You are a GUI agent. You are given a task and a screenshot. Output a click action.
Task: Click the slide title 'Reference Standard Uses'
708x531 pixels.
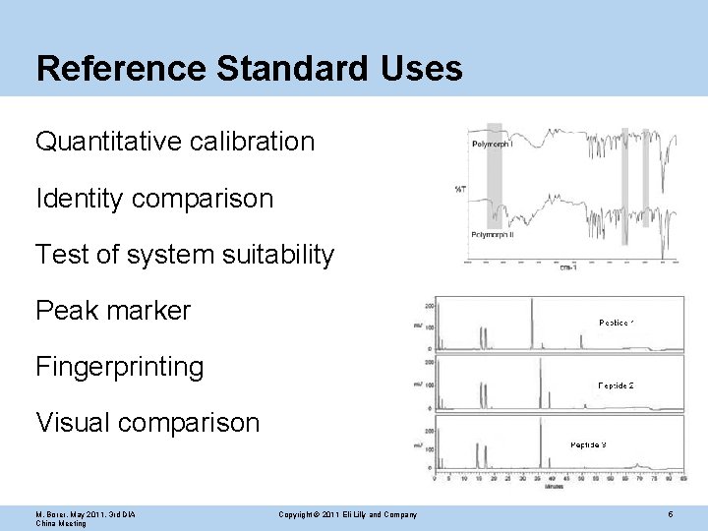tap(249, 69)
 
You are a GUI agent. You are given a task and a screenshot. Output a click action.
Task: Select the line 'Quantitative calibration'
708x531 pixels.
tap(175, 142)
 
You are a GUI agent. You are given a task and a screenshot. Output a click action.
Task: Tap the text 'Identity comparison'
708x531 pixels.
tap(154, 199)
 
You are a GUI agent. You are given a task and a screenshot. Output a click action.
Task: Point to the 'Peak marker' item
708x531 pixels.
tap(113, 312)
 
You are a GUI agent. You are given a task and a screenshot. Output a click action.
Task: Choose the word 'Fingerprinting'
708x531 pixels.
tap(120, 368)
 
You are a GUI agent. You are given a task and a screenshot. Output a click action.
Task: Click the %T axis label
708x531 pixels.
tap(460, 188)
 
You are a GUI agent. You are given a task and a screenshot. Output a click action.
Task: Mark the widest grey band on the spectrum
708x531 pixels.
tap(495, 187)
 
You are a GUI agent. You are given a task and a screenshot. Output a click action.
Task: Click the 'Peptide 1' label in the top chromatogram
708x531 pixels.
tap(617, 323)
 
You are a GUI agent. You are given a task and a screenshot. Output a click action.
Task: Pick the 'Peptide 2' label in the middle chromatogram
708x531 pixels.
tap(616, 385)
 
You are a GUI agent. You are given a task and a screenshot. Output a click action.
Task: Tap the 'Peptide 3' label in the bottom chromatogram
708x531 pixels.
tap(588, 445)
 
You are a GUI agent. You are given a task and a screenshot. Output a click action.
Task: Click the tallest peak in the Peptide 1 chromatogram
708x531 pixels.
tap(531, 324)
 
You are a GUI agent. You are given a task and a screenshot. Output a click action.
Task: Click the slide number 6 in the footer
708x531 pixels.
tap(670, 514)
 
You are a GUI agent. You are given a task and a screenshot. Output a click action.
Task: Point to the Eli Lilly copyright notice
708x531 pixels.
tap(347, 515)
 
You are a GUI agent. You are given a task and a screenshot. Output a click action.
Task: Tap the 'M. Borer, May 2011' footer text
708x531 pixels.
tap(86, 515)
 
